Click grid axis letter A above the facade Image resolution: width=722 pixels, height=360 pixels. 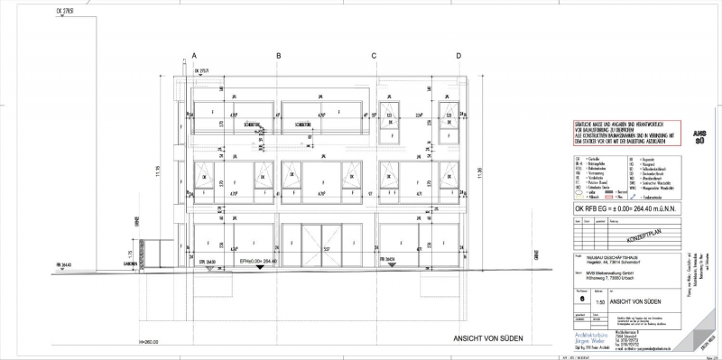194,56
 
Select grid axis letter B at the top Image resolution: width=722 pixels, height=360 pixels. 279,56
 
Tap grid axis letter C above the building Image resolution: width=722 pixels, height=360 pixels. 374,56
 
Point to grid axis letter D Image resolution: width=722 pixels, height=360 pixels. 458,56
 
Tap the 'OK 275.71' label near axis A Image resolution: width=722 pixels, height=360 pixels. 209,70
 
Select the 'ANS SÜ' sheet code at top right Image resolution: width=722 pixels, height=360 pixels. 699,135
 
